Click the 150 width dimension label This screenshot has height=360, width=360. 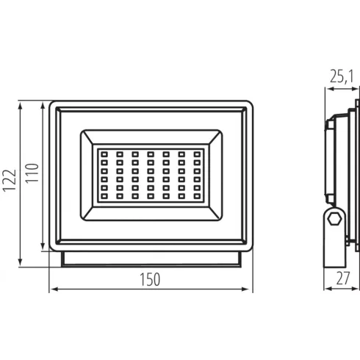coord(150,279)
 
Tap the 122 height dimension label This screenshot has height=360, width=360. coord(10,181)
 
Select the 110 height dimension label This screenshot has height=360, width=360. coord(32,173)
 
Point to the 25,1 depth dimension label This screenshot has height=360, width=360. coord(342,76)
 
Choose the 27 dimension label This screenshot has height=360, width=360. coord(343,278)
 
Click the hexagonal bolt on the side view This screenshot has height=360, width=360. coord(334,218)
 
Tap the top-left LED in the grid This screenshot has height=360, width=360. coord(104,154)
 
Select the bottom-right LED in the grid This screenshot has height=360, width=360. coord(197,196)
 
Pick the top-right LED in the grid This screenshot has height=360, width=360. coord(197,154)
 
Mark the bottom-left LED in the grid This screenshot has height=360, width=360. coord(104,196)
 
